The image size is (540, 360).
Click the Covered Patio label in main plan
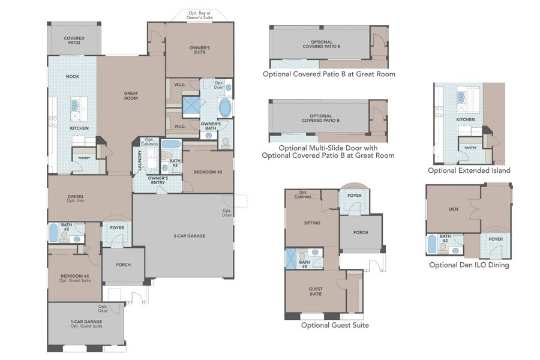74,40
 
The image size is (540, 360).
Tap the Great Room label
131,95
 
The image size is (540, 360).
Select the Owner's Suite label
199,49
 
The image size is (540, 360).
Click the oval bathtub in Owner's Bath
224,108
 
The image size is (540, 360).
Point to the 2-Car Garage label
190,236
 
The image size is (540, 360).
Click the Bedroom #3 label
208,172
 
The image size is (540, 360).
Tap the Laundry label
139,161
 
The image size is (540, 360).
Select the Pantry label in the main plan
82,158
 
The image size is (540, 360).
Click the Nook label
73,77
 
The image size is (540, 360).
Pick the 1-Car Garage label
86,323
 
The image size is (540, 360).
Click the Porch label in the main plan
122,265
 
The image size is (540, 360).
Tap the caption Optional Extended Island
469,170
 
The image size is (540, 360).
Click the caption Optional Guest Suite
335,325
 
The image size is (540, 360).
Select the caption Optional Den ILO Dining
469,265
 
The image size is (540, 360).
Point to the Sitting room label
312,223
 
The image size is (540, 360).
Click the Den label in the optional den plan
453,209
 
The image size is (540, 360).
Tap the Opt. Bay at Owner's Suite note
200,14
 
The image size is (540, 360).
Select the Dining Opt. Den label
76,199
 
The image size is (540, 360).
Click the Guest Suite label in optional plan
316,291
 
